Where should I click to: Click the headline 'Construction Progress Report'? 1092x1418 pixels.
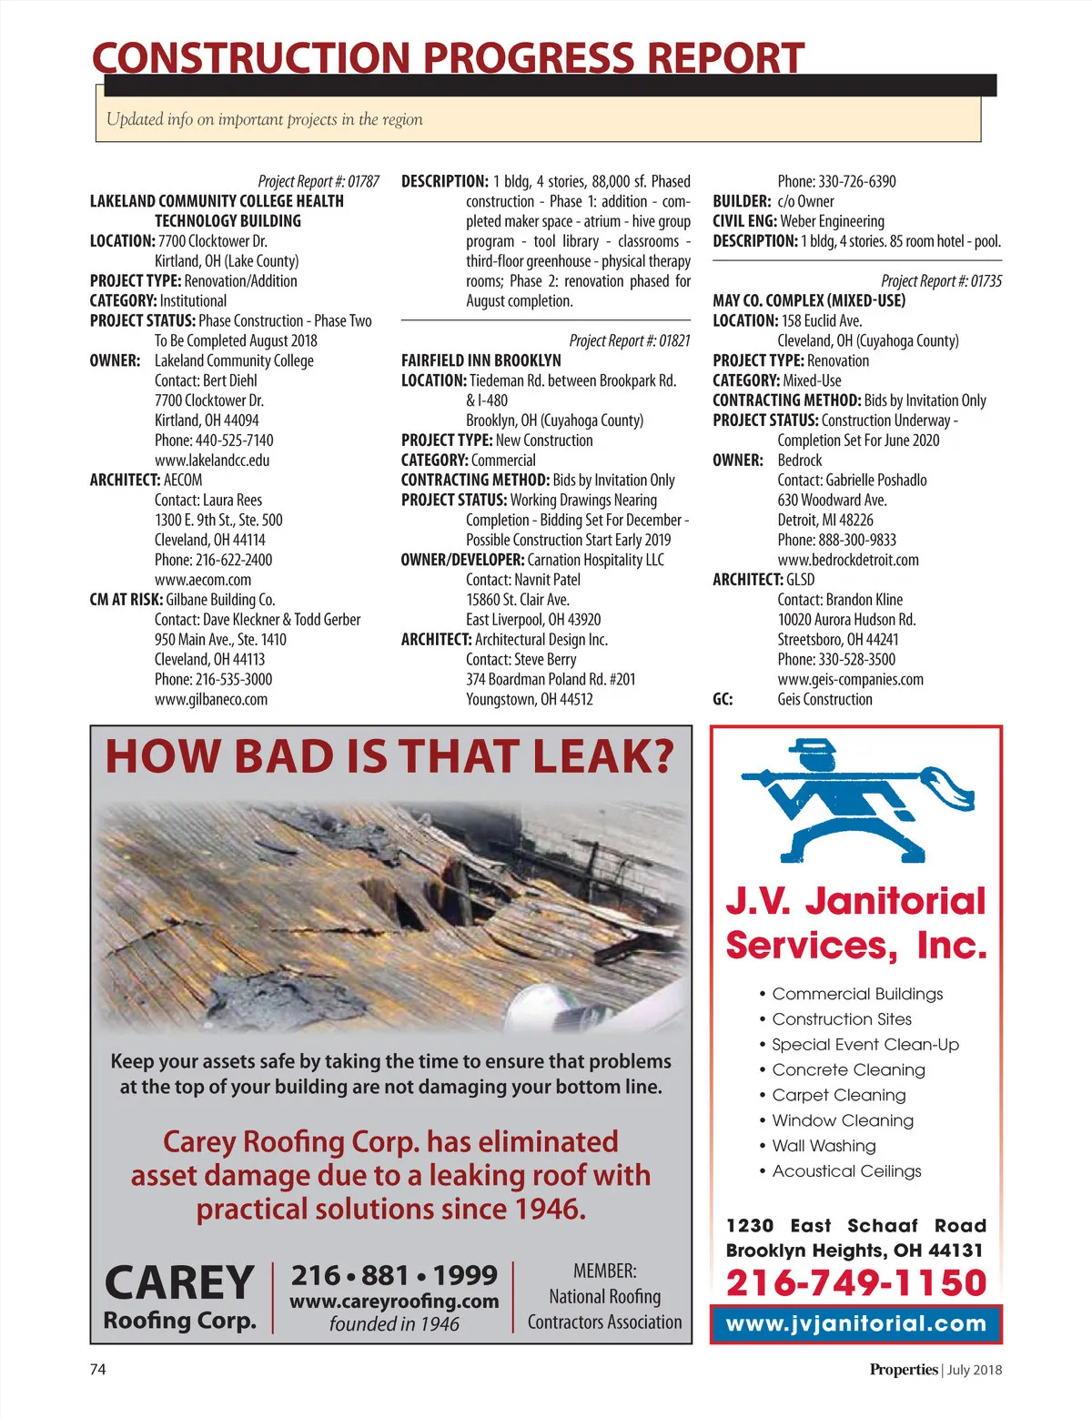[x=448, y=58]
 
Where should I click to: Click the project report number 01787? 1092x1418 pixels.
[x=318, y=181]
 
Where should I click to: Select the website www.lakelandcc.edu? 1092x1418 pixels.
[x=212, y=461]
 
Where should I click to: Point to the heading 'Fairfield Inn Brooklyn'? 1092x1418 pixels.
[x=480, y=360]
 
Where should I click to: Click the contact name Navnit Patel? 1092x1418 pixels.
[x=545, y=580]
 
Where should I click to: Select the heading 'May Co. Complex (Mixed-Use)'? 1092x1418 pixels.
[x=809, y=300]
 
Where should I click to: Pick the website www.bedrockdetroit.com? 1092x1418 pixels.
[x=847, y=560]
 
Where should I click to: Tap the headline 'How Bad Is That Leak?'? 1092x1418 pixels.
[x=390, y=757]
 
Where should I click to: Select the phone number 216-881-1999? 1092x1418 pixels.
[x=394, y=1275]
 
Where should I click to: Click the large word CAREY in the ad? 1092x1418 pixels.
[x=179, y=1283]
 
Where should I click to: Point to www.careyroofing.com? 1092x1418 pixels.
[x=394, y=1302]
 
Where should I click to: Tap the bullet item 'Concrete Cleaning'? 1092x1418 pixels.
[x=848, y=1070]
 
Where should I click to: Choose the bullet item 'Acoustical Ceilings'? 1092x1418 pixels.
[x=846, y=1171]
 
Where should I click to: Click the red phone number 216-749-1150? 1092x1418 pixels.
[x=856, y=1282]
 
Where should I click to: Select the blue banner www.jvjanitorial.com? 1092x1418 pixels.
[x=856, y=1324]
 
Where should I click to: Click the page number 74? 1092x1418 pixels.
[x=97, y=1369]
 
